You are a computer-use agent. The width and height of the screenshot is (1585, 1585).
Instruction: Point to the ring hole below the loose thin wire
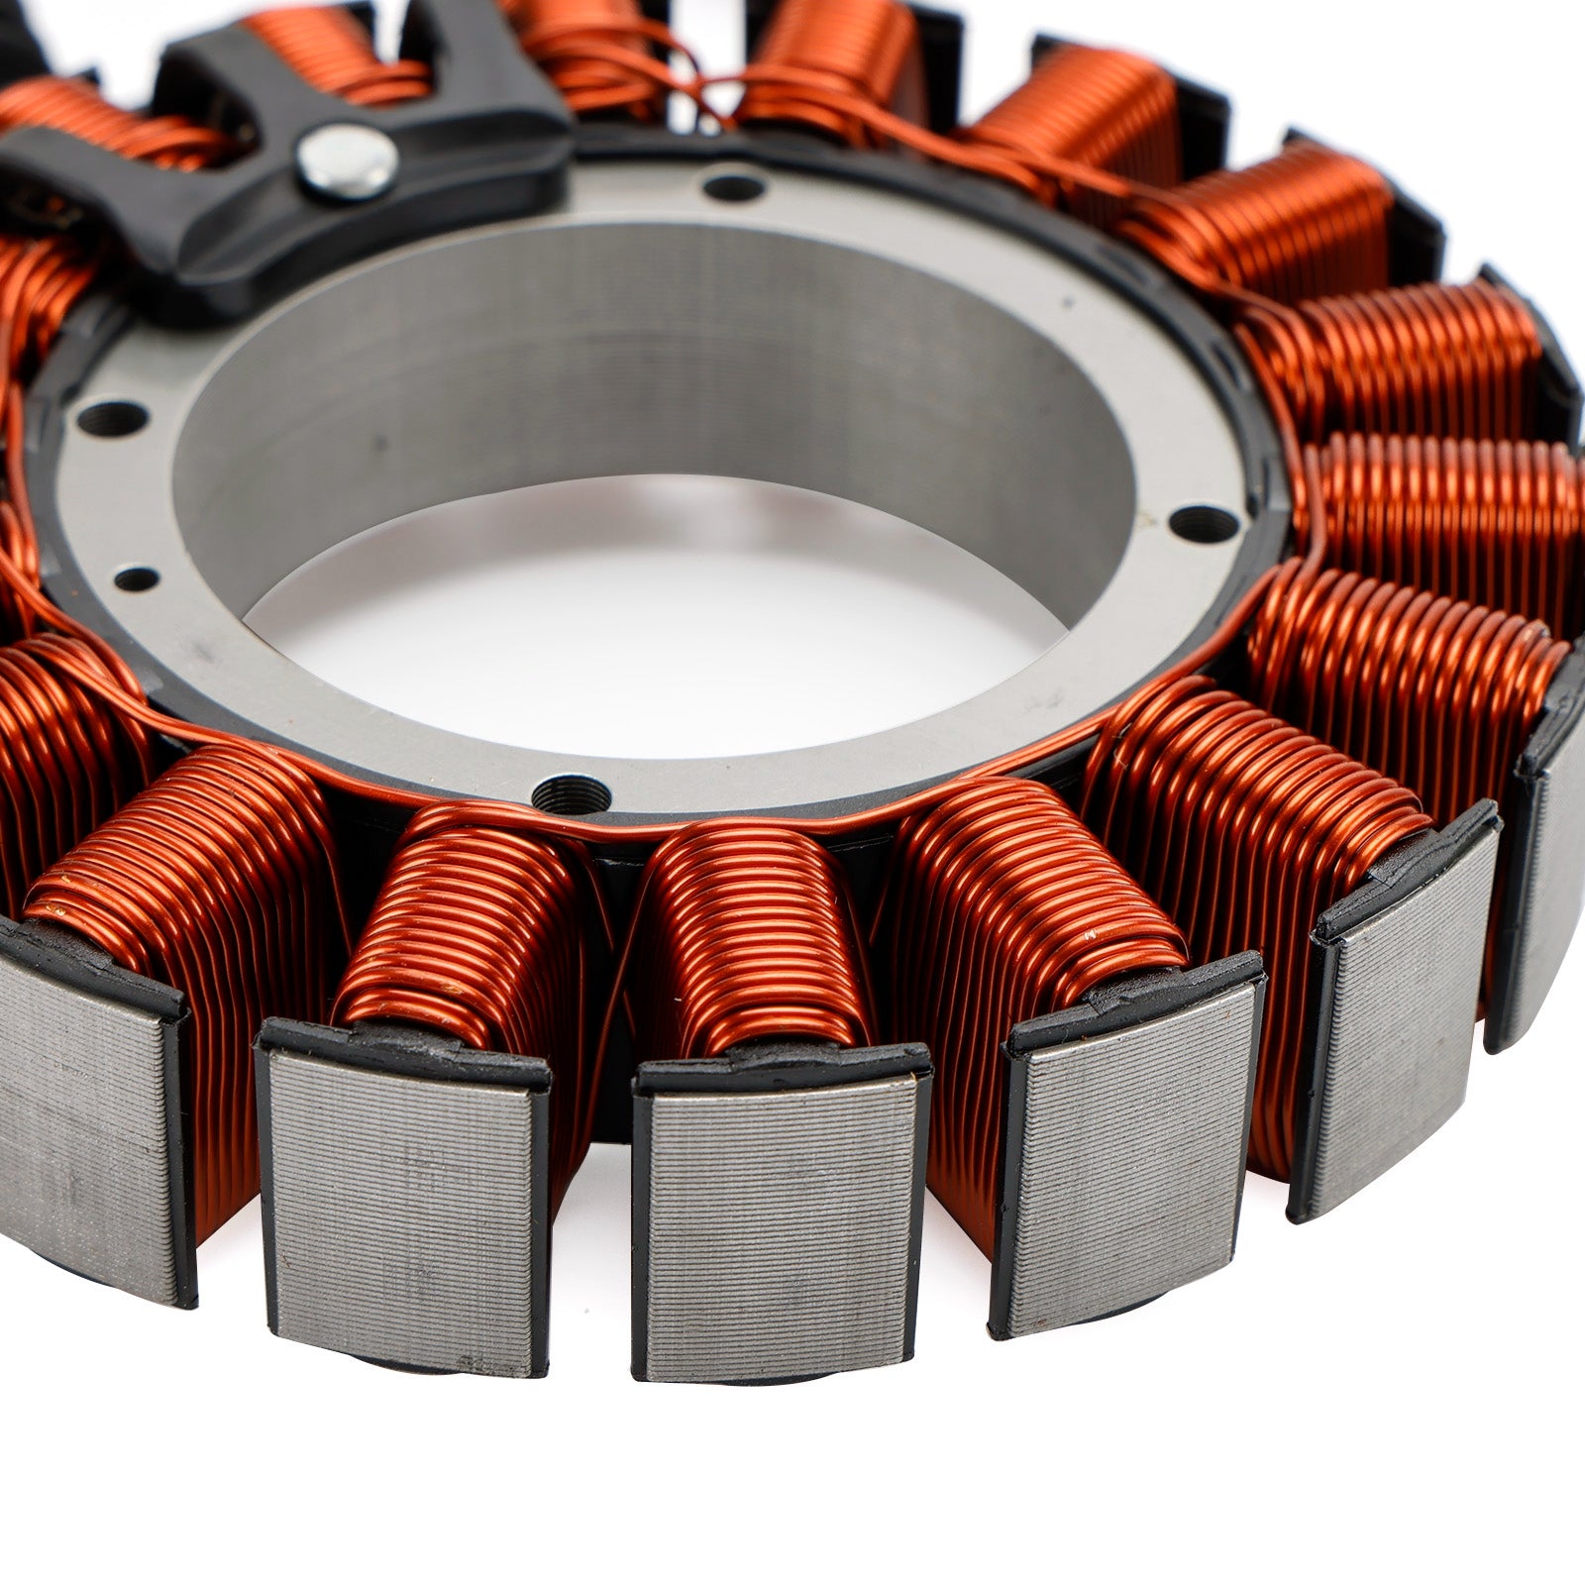click(x=733, y=187)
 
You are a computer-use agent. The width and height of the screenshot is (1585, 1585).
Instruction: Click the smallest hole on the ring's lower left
click(x=136, y=579)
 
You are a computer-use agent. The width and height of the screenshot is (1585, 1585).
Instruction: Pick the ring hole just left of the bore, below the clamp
click(x=111, y=419)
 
